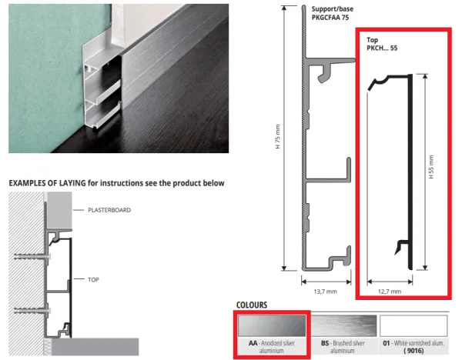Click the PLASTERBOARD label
(x=109, y=210)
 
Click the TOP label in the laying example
(x=93, y=280)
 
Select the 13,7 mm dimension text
(x=325, y=292)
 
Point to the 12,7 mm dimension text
(x=390, y=292)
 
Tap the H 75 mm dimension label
(x=278, y=137)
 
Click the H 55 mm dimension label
(x=431, y=167)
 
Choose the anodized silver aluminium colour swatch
(x=272, y=326)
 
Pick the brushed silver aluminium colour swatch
(x=344, y=326)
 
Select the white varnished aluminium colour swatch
(x=413, y=326)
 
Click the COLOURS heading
(x=252, y=305)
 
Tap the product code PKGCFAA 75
(x=330, y=18)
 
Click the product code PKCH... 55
(x=382, y=48)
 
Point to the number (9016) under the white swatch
(x=413, y=351)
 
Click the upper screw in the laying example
(x=32, y=257)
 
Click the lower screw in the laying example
(x=32, y=310)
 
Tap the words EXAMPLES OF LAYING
(x=47, y=183)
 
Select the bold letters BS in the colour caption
(x=325, y=343)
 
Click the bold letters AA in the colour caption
(x=253, y=343)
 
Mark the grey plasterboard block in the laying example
(x=59, y=211)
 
